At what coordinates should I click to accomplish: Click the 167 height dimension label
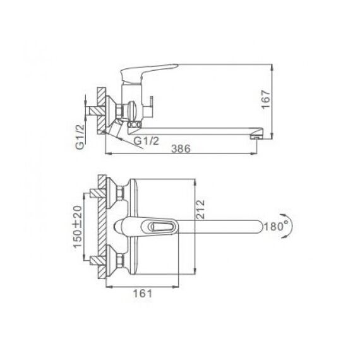pos(266,100)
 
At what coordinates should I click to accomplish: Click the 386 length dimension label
pos(181,149)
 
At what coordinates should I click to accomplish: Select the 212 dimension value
pos(200,210)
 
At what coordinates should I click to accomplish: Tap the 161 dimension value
pos(143,294)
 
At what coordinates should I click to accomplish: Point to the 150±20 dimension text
pos(78,226)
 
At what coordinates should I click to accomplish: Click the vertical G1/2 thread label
pos(80,136)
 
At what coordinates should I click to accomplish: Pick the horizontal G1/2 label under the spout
pos(147,140)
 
